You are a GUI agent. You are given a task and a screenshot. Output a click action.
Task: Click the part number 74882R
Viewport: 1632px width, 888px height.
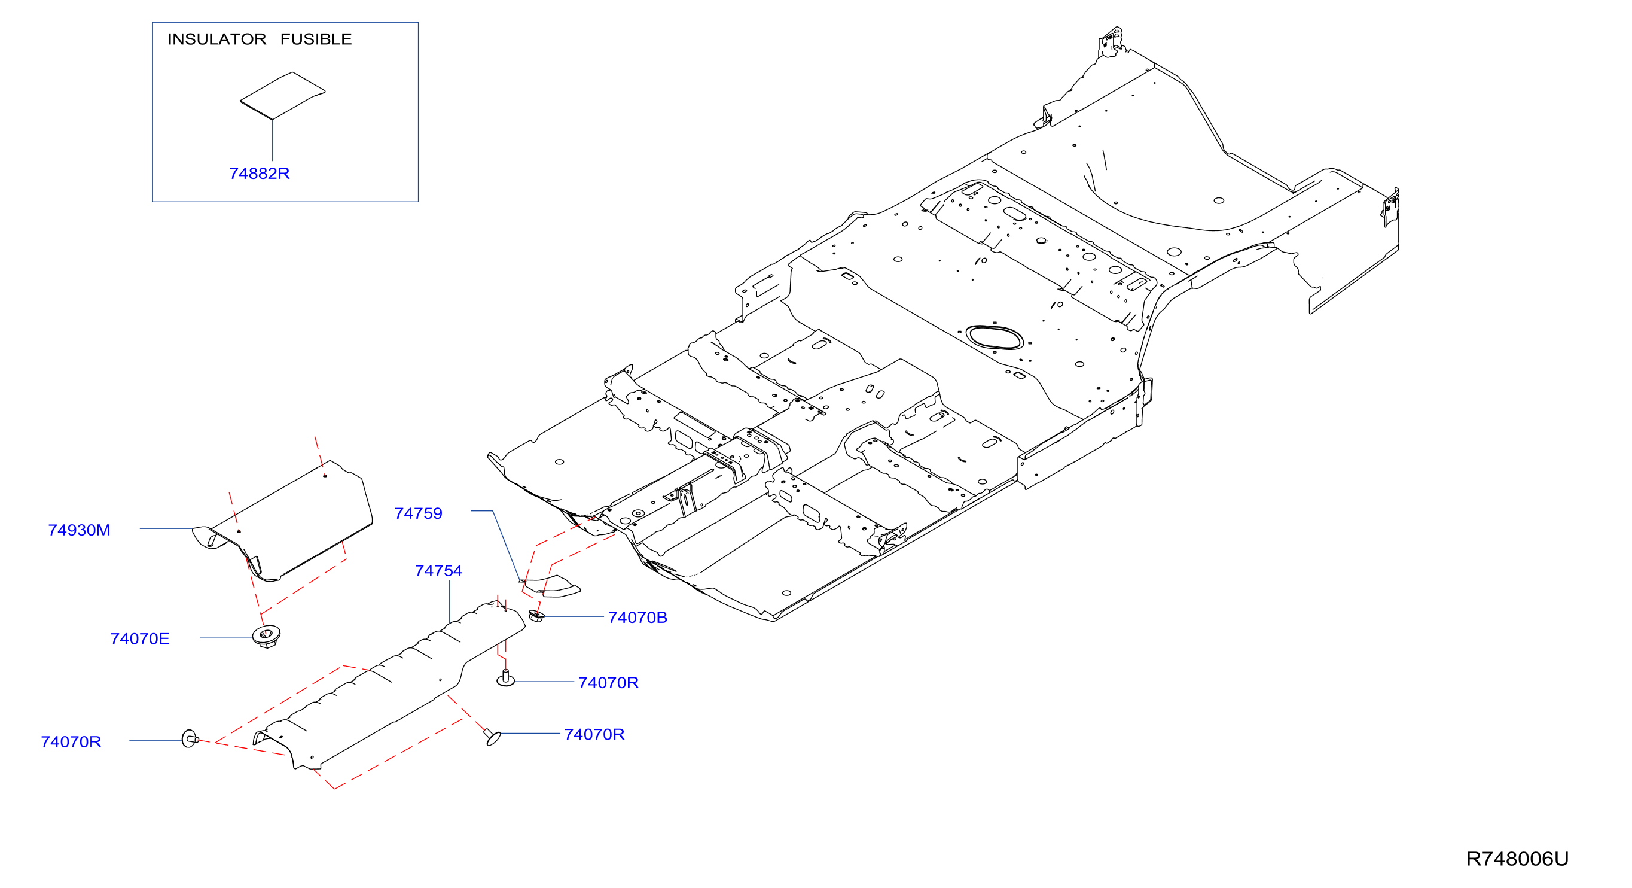pos(259,173)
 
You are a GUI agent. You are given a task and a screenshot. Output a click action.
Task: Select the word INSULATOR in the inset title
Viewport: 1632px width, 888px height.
pos(216,39)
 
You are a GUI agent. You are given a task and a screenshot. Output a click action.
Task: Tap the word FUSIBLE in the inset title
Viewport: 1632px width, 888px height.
pos(316,39)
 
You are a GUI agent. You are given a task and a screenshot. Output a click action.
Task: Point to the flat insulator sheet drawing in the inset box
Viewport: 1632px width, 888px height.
pos(282,95)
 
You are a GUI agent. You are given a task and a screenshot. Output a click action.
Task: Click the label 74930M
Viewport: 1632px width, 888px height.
pos(79,530)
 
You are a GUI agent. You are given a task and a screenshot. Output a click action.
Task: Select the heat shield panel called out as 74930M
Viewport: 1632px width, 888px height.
pos(282,521)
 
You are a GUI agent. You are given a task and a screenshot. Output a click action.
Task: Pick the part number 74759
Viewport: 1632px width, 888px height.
pos(418,513)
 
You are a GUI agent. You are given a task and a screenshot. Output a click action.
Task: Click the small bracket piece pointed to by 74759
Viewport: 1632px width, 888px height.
pos(551,586)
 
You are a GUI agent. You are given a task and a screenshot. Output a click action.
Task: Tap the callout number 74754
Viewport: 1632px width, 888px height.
pos(438,570)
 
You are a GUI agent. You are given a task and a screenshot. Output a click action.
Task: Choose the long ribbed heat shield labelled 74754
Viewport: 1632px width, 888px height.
pos(389,685)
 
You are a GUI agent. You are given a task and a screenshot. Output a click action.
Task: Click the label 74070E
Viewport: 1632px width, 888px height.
pos(140,638)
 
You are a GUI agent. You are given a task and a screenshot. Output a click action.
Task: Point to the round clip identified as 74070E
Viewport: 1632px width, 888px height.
pos(266,635)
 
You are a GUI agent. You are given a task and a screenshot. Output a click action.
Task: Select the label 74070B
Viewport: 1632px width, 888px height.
pos(637,618)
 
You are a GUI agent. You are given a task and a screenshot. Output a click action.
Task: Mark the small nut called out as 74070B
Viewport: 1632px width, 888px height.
pos(536,616)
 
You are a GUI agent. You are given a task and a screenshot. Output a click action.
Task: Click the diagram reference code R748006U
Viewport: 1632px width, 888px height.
pos(1517,859)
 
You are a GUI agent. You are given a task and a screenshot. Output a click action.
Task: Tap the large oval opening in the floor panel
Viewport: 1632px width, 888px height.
pos(994,337)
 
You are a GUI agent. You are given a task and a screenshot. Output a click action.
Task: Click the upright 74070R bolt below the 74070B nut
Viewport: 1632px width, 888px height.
pos(505,678)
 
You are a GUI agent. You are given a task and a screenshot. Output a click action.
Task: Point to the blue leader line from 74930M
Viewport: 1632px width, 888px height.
pos(167,528)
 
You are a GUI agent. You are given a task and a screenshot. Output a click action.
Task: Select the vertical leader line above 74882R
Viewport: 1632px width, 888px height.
pos(273,140)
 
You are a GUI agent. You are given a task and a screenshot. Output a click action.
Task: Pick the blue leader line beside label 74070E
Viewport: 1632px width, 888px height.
pos(226,637)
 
